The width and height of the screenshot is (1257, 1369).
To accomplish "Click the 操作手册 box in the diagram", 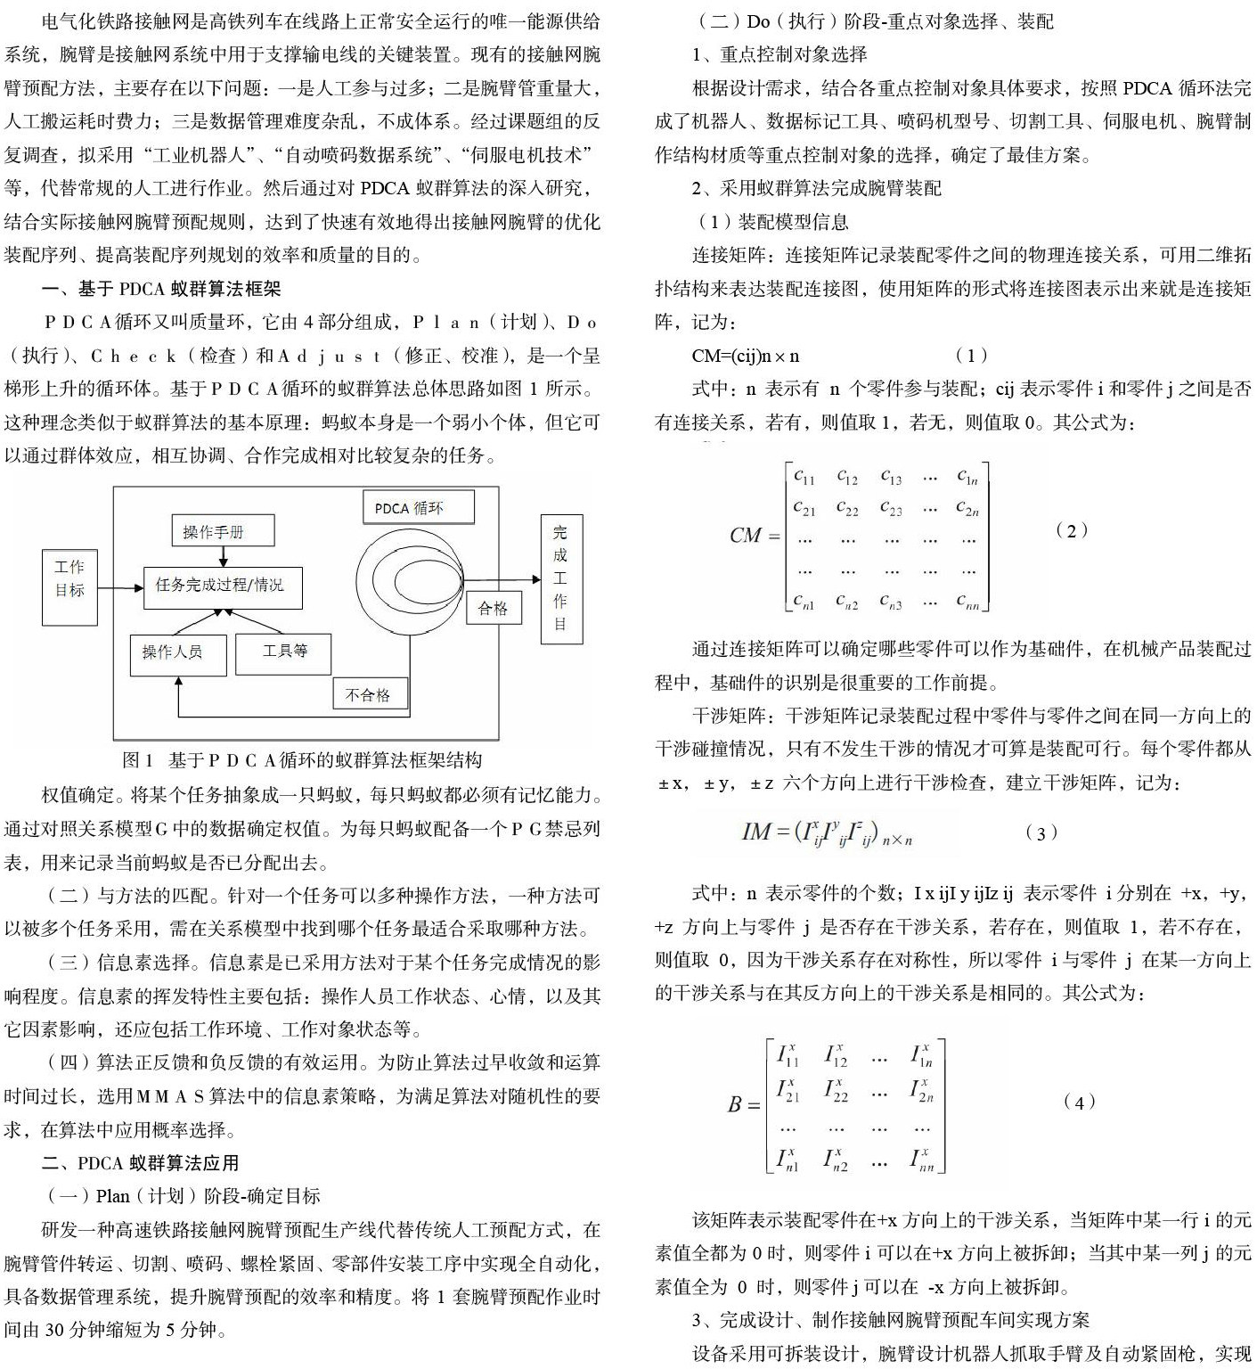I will tap(222, 531).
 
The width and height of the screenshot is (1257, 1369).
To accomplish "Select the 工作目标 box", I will tap(69, 578).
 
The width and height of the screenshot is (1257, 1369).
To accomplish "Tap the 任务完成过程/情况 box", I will tap(222, 586).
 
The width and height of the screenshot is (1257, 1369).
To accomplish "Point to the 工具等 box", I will tap(283, 652).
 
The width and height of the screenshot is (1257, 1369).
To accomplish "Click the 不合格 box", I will tap(368, 694).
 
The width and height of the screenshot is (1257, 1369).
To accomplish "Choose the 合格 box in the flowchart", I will tap(493, 608).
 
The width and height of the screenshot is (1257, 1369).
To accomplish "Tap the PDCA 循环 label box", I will tap(417, 508).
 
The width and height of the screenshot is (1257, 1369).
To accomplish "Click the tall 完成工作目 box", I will tap(560, 578).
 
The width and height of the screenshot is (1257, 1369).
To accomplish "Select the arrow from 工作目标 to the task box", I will tap(120, 587).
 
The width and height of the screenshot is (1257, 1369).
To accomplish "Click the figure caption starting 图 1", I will tap(303, 760).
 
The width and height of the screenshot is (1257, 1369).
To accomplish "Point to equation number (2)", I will tap(1071, 530).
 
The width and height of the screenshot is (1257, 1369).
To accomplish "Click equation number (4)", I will tap(1080, 1102).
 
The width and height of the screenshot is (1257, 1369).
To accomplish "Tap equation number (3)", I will tap(1041, 832).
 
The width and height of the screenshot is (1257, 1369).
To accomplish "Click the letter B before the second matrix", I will tap(735, 1105).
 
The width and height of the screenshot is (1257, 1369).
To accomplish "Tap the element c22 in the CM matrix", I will tap(846, 508).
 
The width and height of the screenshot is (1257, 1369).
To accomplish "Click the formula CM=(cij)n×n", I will tap(745, 356).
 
